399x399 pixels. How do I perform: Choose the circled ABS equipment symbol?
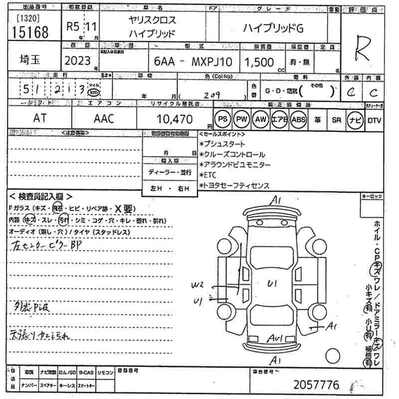(x=298, y=120)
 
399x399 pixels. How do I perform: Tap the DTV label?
(x=374, y=120)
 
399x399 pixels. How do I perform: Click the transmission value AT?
(x=38, y=119)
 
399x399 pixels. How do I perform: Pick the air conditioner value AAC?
(x=104, y=119)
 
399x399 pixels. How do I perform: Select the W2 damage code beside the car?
(x=197, y=285)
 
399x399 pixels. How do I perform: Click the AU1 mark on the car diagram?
(x=274, y=339)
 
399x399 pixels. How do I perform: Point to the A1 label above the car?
(x=276, y=201)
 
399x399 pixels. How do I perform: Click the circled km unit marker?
(x=93, y=93)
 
